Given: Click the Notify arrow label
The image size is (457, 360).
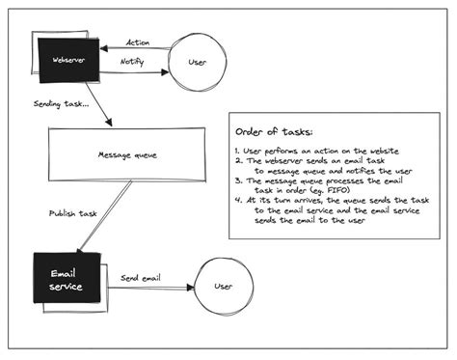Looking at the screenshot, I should (133, 61).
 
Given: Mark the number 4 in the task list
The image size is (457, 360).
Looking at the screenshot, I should (237, 200).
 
